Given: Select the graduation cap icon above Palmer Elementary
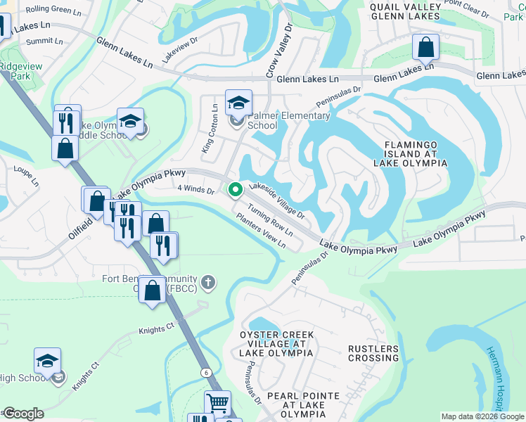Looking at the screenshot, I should click(x=238, y=103).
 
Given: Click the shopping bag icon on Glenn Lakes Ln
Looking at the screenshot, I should click(x=426, y=49).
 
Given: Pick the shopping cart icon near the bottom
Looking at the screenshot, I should click(x=218, y=404).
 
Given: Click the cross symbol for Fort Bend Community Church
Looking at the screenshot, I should click(x=207, y=283).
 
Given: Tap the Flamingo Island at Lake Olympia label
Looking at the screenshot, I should click(x=415, y=153).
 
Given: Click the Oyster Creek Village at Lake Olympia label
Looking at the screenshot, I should click(x=275, y=344).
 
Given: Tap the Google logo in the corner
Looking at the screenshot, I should click(x=23, y=414).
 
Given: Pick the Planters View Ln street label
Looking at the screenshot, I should click(x=261, y=231).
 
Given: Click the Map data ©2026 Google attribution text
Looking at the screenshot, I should click(x=482, y=416).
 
